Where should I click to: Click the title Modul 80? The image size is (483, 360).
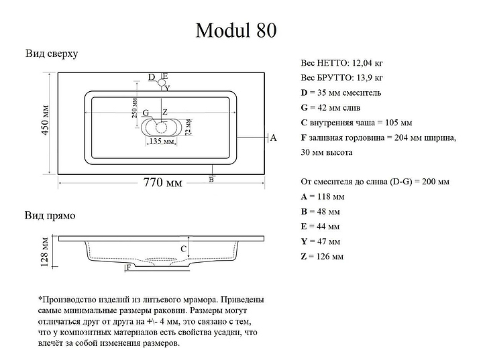[236, 30]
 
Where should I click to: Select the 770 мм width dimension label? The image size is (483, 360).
[162, 182]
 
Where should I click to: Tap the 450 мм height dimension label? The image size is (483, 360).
[45, 120]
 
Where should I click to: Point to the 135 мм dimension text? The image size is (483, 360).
[162, 141]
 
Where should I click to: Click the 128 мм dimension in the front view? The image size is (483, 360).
[45, 251]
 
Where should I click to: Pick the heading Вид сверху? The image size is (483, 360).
[52, 54]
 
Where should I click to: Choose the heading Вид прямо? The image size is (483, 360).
[50, 215]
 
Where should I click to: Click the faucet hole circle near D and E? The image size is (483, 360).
[162, 82]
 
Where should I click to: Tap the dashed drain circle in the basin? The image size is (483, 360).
[161, 127]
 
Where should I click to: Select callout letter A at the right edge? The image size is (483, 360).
[273, 138]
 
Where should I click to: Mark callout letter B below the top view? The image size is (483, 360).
[211, 180]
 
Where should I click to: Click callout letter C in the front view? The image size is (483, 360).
[184, 249]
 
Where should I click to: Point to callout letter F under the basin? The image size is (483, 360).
[129, 267]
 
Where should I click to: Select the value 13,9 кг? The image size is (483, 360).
[370, 78]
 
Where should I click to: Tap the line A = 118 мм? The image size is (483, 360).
[323, 196]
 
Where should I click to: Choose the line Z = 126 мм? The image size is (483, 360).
[322, 256]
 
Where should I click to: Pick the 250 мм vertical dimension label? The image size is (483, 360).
[135, 108]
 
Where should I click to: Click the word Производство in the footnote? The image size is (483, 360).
[68, 300]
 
